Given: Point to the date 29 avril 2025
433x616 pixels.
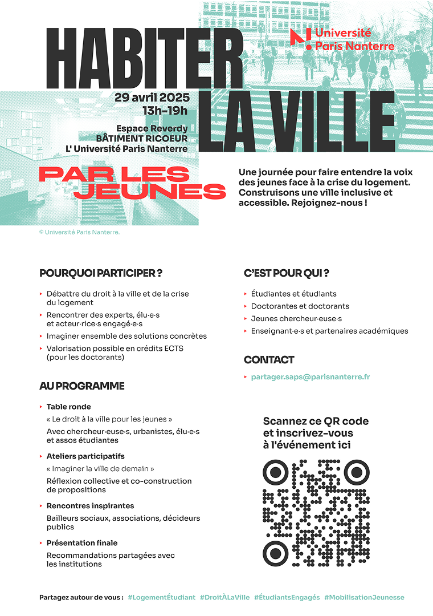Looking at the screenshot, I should [x=151, y=97].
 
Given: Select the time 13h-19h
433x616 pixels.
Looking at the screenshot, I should [x=165, y=111].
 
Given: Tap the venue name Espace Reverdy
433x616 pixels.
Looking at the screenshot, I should [x=152, y=128].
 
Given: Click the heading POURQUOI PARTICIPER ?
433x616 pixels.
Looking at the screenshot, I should [x=101, y=273].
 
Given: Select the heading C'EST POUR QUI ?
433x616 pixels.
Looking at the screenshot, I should [x=287, y=273].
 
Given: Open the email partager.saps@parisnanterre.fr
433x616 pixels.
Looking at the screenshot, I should [x=311, y=377].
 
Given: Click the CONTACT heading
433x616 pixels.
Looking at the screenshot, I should [x=269, y=360].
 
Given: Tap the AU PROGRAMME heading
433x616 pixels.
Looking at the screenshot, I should [x=82, y=386].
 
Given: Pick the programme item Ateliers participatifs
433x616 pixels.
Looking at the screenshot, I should [x=85, y=456].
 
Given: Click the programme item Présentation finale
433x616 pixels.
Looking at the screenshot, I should [x=82, y=543].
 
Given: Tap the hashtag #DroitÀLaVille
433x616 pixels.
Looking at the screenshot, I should [x=224, y=597].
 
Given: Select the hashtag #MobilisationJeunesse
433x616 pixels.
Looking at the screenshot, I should [x=364, y=597].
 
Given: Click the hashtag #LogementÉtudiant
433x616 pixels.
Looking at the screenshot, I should [x=162, y=597].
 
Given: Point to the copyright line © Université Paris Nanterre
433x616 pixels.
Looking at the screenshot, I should [x=79, y=232].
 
